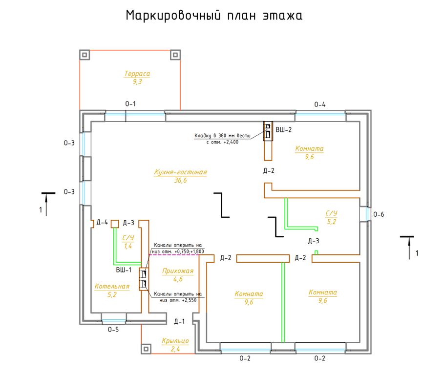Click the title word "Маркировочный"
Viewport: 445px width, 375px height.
click(173, 15)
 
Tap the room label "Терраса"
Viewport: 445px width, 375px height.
click(137, 73)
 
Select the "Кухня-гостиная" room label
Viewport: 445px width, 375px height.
click(181, 172)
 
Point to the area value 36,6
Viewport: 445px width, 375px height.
click(181, 180)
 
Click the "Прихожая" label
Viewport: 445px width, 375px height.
click(178, 271)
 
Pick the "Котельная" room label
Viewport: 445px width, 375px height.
click(112, 286)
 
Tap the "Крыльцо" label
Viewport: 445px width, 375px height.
click(175, 341)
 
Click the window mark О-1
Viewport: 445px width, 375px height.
click(130, 104)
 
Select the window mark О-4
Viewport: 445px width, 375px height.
click(320, 104)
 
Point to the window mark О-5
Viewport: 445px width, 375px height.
click(113, 330)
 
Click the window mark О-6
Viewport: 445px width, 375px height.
click(379, 214)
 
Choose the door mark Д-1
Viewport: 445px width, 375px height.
click(179, 321)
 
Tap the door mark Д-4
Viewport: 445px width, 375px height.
click(102, 222)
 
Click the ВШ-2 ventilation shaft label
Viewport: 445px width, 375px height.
click(283, 129)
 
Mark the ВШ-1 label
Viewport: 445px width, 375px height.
click(124, 270)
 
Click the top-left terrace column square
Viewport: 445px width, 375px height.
click(85, 55)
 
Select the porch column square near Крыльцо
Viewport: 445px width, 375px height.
click(146, 349)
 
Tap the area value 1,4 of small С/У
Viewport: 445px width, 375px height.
click(128, 246)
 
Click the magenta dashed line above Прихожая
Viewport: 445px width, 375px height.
click(174, 255)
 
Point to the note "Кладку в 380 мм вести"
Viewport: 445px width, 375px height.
click(223, 136)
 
